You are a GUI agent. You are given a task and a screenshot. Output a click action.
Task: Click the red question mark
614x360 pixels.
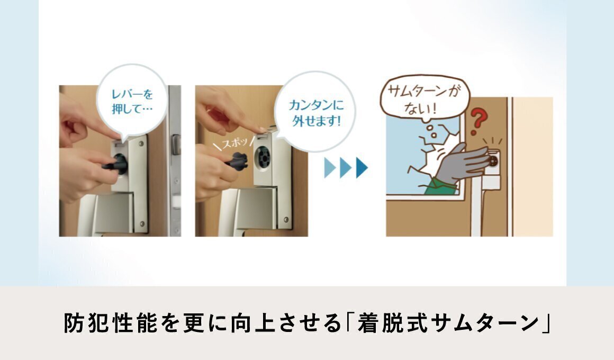[478, 120]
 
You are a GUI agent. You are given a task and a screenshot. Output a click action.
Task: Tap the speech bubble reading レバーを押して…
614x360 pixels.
[132, 101]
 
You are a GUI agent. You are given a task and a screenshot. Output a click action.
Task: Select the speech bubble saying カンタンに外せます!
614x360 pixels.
[315, 112]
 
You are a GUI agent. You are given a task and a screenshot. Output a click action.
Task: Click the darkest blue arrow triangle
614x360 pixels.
[362, 167]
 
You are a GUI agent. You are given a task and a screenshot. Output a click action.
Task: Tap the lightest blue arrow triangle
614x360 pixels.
[330, 167]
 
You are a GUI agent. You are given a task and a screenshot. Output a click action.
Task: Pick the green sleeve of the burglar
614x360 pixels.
[440, 186]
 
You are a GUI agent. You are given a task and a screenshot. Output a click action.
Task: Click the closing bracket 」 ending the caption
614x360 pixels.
[546, 322]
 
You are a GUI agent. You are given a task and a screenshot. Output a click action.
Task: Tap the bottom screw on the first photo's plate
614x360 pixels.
[142, 224]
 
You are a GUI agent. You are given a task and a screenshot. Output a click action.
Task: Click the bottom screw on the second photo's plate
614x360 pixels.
[286, 219]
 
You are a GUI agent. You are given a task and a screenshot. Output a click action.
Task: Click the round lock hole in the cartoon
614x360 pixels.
[493, 160]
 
